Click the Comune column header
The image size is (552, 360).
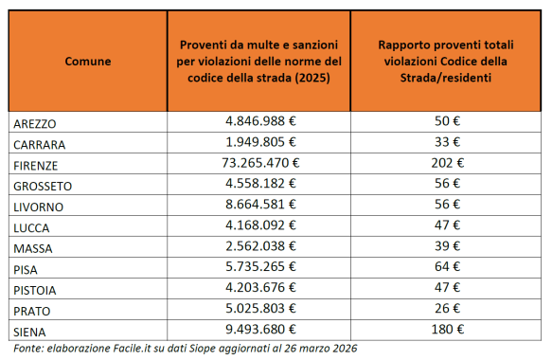click(x=87, y=61)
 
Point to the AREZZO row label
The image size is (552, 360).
click(x=36, y=123)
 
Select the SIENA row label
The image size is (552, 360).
click(x=31, y=330)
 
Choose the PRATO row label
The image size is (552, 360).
click(x=33, y=310)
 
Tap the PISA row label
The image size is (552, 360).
click(x=28, y=268)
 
